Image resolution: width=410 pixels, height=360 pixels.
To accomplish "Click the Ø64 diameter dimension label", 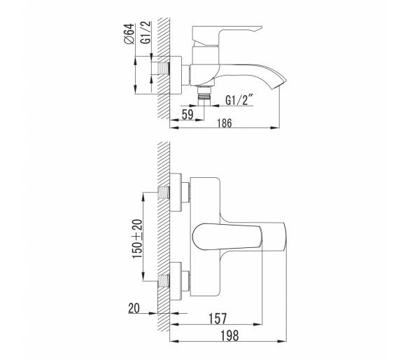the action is click(x=129, y=34).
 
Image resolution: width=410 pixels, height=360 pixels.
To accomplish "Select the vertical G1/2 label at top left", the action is click(x=146, y=32).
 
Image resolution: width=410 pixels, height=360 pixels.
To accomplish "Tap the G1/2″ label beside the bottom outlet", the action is click(x=239, y=99).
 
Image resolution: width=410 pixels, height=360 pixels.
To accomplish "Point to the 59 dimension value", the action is click(x=188, y=114).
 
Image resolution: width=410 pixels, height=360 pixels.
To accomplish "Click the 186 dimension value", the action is click(x=225, y=123).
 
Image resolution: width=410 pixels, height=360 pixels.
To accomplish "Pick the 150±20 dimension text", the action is click(x=138, y=238).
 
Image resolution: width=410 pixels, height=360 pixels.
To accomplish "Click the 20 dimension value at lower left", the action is click(x=134, y=308).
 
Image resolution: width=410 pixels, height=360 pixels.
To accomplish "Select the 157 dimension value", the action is click(x=218, y=319).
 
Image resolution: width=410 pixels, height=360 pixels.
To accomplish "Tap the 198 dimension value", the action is click(x=230, y=335).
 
